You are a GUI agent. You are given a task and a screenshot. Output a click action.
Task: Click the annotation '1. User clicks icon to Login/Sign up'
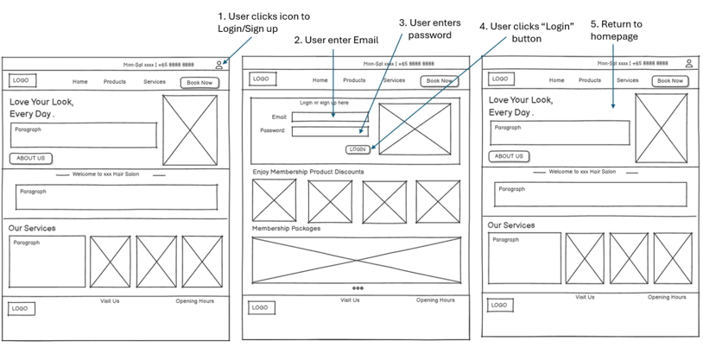pos(263,22)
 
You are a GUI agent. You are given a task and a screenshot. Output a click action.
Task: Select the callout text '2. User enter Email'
pos(336,41)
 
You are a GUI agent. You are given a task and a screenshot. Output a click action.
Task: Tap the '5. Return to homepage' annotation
pos(616,30)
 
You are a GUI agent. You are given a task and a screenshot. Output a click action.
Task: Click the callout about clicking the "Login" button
pos(526,32)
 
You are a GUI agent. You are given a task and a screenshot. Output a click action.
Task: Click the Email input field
pos(329,117)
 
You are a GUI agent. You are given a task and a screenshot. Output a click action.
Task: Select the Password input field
pos(329,131)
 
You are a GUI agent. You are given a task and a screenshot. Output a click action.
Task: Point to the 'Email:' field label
pos(279,117)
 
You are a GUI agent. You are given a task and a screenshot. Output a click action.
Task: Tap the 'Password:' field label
pos(273,131)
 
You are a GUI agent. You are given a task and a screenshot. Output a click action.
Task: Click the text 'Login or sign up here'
pos(324,103)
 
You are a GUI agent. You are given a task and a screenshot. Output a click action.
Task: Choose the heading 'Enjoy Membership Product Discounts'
pos(307,172)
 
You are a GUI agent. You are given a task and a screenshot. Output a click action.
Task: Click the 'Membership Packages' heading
pos(286,229)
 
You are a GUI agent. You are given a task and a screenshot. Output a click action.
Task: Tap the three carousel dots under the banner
pos(358,288)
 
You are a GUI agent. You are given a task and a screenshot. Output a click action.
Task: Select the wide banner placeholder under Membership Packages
pos(357,259)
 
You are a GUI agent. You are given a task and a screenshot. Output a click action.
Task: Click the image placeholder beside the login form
pos(415,129)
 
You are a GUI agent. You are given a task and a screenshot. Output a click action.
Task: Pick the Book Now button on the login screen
pos(440,81)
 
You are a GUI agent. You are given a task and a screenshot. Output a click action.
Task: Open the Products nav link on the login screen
pos(354,80)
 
